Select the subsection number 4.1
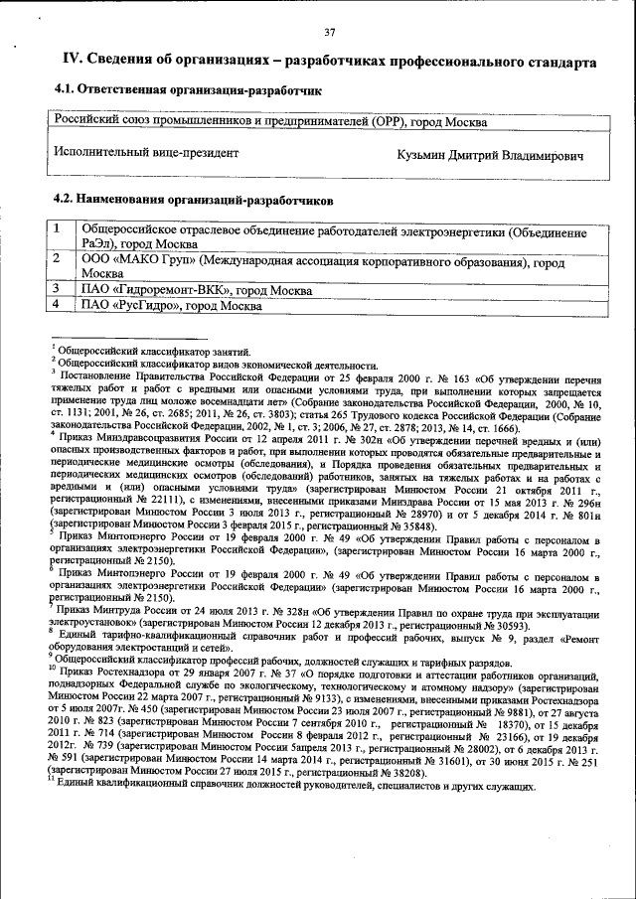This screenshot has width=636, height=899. click(x=64, y=90)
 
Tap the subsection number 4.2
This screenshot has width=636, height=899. click(x=64, y=200)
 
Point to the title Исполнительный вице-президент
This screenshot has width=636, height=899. click(x=146, y=153)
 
